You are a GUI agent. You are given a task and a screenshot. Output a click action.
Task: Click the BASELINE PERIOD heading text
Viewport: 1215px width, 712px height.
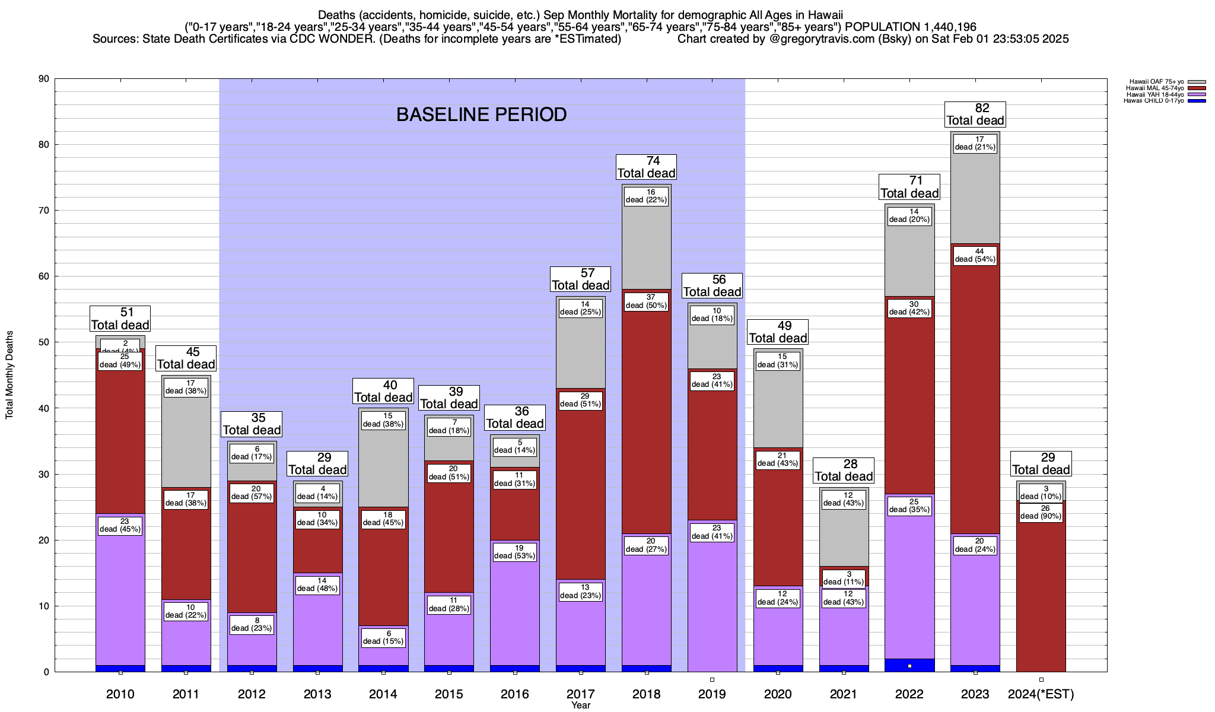coord(481,115)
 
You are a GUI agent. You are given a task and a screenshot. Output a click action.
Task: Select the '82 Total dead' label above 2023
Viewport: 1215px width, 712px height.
coord(975,114)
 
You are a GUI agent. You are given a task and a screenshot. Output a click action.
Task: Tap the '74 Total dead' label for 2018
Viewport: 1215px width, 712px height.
coord(646,167)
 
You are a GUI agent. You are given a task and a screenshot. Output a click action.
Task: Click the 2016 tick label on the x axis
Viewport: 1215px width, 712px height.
coord(514,694)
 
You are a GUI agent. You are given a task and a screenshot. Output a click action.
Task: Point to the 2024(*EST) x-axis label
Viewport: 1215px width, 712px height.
coord(1041,694)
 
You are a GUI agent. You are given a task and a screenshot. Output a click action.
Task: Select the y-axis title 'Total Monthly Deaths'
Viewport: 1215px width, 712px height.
coord(9,375)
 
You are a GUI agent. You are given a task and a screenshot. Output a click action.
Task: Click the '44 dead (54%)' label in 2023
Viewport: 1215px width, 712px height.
coord(975,255)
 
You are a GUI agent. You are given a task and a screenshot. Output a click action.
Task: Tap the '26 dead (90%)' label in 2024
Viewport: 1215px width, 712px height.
coord(1041,512)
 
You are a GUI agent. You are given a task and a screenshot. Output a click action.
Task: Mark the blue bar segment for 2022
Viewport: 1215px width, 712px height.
coord(909,665)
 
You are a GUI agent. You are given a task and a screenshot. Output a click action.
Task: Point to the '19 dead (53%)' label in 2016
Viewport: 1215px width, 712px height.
coord(514,552)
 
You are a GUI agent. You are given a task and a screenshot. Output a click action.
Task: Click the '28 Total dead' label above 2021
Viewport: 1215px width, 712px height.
coord(843,470)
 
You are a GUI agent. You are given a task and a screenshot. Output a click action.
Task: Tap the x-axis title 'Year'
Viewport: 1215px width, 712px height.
coord(581,705)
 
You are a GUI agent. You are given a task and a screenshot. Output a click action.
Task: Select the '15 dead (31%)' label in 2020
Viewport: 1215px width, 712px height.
coord(777,361)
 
